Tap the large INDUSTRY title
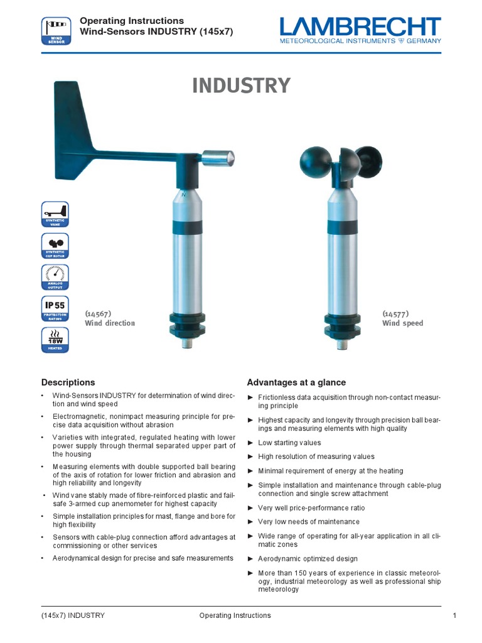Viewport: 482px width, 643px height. click(x=241, y=85)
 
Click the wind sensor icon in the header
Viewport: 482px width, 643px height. click(x=55, y=31)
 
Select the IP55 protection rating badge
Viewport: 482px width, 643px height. click(x=55, y=309)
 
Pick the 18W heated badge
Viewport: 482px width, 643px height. click(x=55, y=340)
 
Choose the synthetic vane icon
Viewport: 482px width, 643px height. click(x=55, y=214)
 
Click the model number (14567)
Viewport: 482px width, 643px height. click(x=98, y=313)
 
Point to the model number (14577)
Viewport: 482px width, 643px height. click(x=395, y=313)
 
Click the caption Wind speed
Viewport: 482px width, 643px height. click(x=402, y=323)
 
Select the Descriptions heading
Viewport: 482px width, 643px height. click(x=68, y=382)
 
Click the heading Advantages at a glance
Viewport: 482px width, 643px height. click(x=296, y=382)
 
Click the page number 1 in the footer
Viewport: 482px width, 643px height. click(x=454, y=615)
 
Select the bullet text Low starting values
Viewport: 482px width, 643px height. click(x=289, y=443)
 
